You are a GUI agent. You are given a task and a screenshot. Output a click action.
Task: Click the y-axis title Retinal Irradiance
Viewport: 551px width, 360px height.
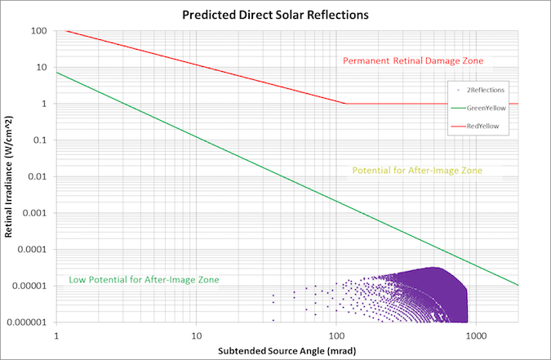(10, 176)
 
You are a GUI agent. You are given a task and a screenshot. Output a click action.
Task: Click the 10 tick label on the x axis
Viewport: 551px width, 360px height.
(196, 335)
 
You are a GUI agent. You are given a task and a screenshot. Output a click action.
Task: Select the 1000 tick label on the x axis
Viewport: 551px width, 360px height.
(476, 335)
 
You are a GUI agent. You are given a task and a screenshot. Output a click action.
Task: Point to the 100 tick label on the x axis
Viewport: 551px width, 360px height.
(335, 335)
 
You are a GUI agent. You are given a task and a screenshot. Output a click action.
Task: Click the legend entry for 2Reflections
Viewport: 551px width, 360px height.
(485, 89)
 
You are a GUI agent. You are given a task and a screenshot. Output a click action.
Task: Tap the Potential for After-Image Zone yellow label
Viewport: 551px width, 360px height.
(417, 171)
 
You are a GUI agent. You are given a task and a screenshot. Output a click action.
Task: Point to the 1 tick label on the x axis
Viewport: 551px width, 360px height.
(56, 335)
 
